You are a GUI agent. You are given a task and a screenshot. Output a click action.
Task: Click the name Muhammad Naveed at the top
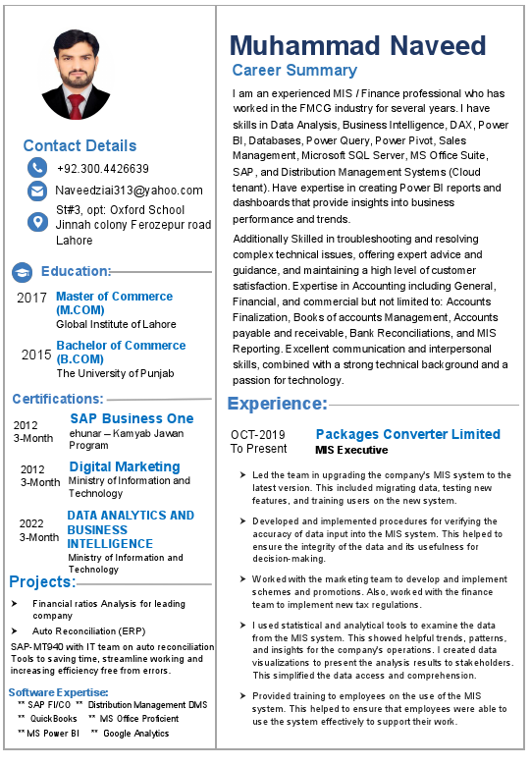357,45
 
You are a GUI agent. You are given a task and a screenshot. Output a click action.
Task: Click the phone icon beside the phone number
37,168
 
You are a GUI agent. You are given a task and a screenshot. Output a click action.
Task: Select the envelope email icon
37,191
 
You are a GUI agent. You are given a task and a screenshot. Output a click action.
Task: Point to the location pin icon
37,222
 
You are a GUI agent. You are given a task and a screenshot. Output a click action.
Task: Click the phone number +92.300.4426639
103,169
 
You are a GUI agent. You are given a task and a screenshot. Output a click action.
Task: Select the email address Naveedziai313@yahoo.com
129,191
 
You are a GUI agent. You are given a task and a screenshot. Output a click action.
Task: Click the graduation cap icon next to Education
23,272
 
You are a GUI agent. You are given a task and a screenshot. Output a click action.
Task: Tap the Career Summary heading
294,71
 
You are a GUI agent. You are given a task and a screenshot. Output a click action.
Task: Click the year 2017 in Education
32,297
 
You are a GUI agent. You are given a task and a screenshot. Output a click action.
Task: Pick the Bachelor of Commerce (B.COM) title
120,352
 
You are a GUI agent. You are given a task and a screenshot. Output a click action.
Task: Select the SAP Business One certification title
132,418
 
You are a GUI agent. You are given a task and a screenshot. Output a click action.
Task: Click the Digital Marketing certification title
124,466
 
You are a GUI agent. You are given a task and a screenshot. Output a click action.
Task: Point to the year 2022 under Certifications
31,523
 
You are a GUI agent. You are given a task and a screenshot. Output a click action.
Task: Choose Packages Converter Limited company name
407,434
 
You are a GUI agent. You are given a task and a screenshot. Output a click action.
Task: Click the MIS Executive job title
351,450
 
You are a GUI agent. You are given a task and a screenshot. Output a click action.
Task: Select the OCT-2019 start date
258,435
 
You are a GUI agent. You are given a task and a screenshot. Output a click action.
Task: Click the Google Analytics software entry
135,734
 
